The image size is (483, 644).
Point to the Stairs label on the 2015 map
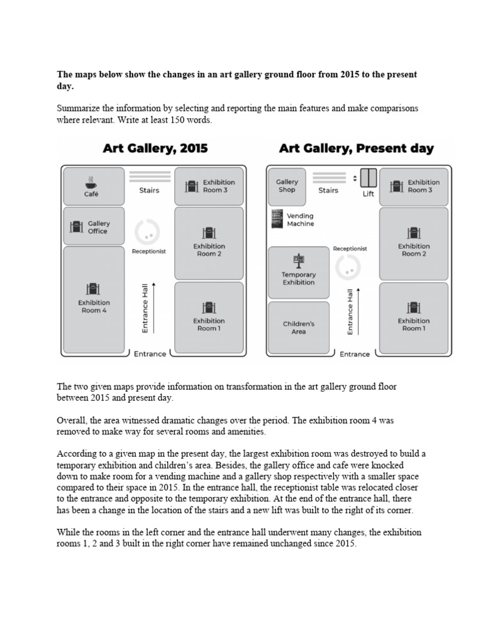149,190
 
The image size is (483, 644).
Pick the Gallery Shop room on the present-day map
287,186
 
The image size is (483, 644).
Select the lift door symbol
369,178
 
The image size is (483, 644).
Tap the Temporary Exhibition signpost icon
299,260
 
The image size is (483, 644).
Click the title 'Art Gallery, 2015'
155,149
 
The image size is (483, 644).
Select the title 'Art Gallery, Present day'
357,149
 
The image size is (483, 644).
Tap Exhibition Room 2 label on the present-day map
413,250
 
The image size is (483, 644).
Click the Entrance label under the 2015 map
150,353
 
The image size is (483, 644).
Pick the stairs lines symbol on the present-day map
329,177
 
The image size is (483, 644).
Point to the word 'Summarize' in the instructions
78,109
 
